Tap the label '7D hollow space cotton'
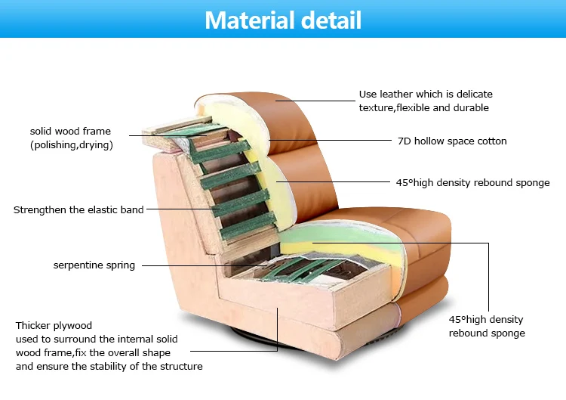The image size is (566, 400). point(452,141)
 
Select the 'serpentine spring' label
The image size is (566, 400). point(94,265)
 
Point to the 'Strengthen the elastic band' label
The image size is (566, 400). point(78,209)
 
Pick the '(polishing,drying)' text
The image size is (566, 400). point(71,144)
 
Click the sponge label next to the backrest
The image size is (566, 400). point(472,182)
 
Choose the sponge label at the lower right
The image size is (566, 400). point(487,326)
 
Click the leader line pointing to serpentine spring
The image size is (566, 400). point(196,265)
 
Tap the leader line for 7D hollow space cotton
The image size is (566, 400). point(332,141)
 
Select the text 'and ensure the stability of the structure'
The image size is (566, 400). point(109,367)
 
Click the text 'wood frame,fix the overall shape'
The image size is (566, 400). point(93,353)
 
